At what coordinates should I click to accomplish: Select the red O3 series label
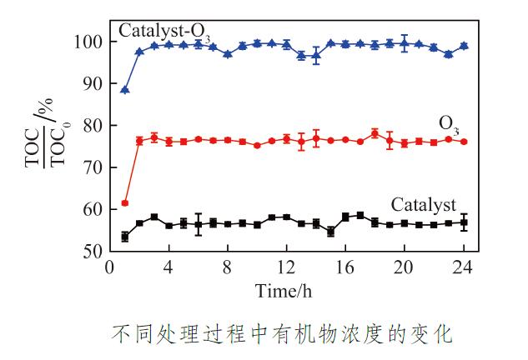pos(450,125)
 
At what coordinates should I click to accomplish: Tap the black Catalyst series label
pos(424,205)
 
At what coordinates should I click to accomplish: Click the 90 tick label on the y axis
pos(92,83)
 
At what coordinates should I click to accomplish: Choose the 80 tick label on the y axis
pos(92,126)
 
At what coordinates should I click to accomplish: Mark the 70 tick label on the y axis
pos(92,167)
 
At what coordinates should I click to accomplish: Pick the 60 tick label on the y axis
pos(92,209)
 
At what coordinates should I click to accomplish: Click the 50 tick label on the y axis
pos(92,250)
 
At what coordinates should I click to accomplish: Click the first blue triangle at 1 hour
pos(125,90)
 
